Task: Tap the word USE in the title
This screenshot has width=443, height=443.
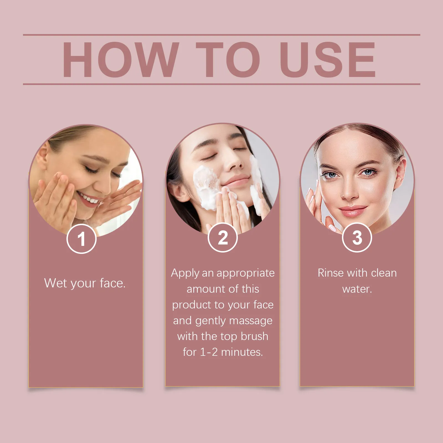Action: click(328, 60)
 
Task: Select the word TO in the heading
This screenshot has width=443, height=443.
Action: click(228, 60)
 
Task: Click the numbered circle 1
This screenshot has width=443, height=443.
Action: click(81, 239)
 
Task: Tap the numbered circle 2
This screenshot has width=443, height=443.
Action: click(223, 238)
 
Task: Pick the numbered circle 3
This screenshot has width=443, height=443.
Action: click(357, 238)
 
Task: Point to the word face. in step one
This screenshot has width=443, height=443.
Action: click(113, 283)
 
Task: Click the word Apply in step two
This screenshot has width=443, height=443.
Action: click(185, 273)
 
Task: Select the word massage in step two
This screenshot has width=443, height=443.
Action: click(251, 321)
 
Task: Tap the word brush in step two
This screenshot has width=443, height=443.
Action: click(254, 336)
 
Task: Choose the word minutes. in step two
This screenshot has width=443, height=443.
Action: click(242, 352)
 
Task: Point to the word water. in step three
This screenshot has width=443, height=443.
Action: click(357, 289)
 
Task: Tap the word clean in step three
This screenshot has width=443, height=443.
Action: click(384, 273)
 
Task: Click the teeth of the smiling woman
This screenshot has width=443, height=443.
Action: click(88, 198)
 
